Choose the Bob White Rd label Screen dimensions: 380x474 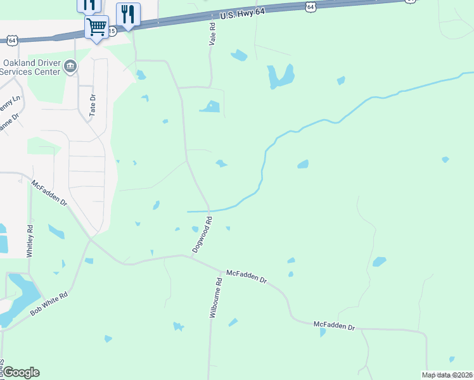[x=48, y=305]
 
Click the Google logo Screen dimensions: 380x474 [x=20, y=372]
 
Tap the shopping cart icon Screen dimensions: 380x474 [x=97, y=27]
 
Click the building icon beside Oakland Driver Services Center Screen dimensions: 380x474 [x=71, y=65]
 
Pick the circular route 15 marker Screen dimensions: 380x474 [x=112, y=30]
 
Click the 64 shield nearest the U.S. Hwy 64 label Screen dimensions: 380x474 [x=309, y=6]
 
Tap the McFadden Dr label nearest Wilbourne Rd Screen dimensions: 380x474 [x=247, y=275]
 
